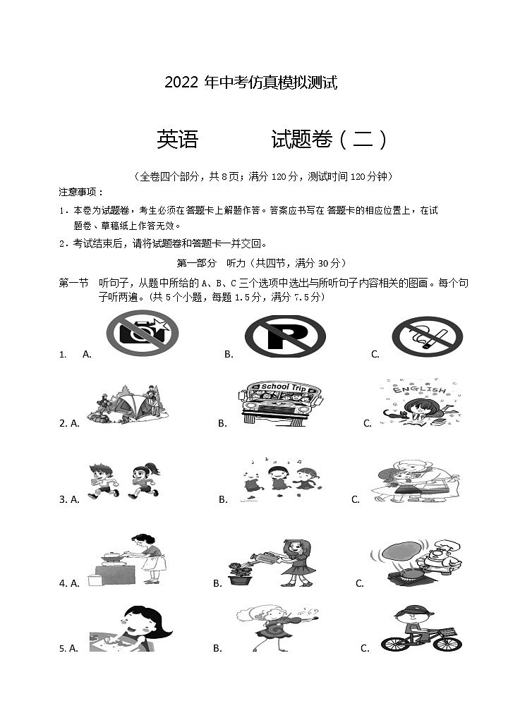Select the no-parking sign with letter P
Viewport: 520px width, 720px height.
[285, 336]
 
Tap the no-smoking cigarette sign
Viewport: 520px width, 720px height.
[427, 336]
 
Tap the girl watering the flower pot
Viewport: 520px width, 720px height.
[277, 562]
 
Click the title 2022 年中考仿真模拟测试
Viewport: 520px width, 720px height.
[250, 83]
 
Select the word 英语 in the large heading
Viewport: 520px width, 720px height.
[177, 140]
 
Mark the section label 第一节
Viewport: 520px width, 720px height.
[73, 283]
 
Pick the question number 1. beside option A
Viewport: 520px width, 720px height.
[63, 355]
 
